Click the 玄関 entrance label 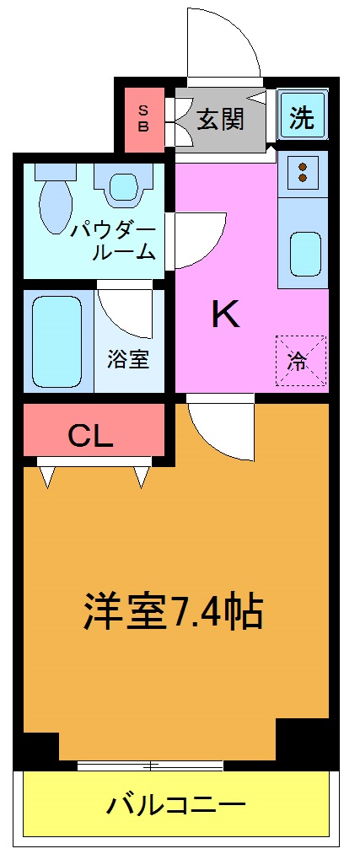[x=220, y=119]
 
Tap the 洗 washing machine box [x=301, y=118]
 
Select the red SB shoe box [x=143, y=117]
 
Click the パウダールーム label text [x=114, y=239]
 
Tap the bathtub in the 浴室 [x=57, y=340]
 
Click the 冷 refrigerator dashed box [x=299, y=360]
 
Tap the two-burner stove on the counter [x=302, y=174]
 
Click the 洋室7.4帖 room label [x=173, y=613]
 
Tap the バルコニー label [x=175, y=806]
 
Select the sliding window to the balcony [x=150, y=765]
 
